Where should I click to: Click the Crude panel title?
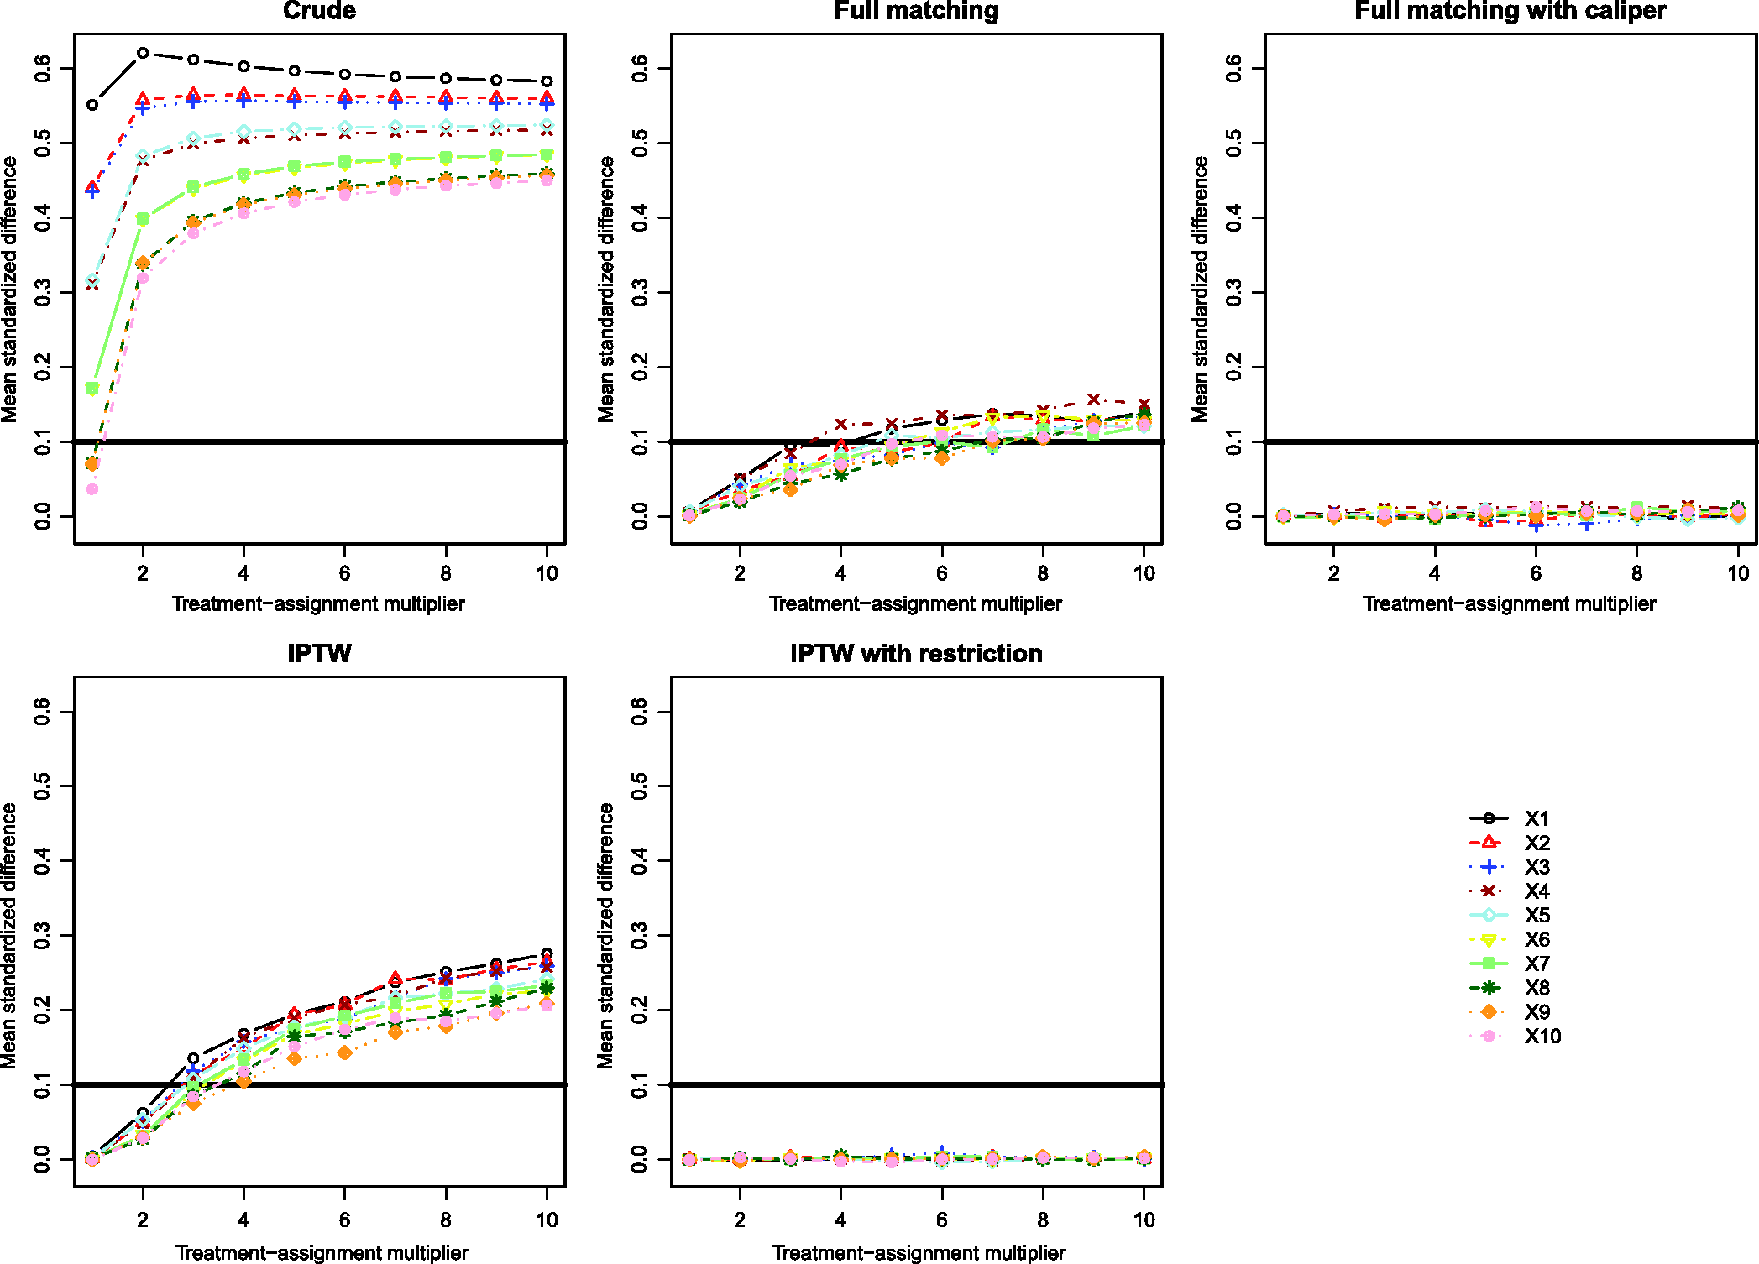[x=319, y=11]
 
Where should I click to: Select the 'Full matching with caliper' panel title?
[x=1510, y=11]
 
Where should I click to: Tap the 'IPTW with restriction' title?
[x=916, y=653]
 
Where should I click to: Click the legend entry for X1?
[x=1515, y=818]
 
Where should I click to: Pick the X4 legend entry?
[x=1515, y=891]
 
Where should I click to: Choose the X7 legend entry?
[x=1515, y=964]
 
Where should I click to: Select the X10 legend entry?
[x=1515, y=1037]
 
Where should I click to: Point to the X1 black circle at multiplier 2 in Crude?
[x=143, y=53]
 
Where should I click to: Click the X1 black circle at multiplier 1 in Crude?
[x=92, y=105]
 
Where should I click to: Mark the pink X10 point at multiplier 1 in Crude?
[x=92, y=488]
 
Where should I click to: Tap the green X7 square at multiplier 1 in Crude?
[x=92, y=388]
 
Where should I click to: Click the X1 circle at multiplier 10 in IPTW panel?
[x=547, y=954]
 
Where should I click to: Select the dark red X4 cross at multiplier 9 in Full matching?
[x=1093, y=400]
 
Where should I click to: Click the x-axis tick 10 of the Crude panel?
[x=547, y=573]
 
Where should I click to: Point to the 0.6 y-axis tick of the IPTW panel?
[x=42, y=712]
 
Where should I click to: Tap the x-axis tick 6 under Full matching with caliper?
[x=1536, y=573]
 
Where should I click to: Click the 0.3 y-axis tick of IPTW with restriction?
[x=639, y=935]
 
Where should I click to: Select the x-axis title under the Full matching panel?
[x=915, y=604]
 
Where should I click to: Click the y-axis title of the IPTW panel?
[x=9, y=935]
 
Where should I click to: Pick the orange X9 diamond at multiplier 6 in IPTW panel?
[x=344, y=1052]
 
